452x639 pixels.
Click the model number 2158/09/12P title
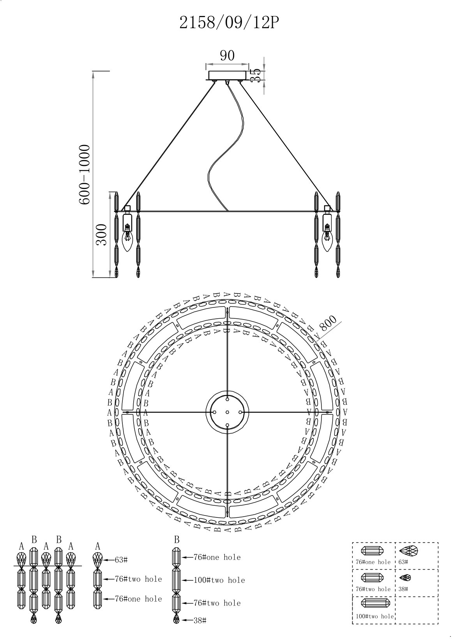pos(229,23)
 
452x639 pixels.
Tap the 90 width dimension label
pos(227,55)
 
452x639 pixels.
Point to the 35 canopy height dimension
pos(255,75)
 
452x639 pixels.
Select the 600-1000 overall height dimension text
pos(85,175)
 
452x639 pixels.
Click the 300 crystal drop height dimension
pos(101,235)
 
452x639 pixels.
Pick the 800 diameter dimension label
pos(328,323)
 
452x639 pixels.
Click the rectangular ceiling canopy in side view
pos(227,75)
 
